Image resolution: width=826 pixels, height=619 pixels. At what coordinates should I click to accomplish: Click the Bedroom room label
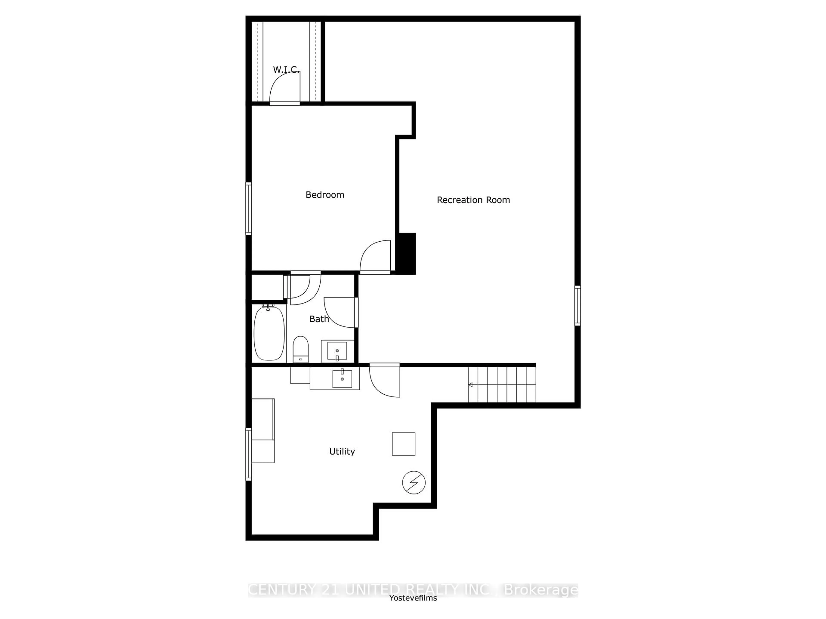click(x=325, y=195)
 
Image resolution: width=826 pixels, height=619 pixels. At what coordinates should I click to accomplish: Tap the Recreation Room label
click(x=473, y=200)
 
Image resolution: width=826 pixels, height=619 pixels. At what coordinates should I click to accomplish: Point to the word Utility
click(x=342, y=452)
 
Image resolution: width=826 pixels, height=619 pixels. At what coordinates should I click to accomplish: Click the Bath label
click(x=319, y=319)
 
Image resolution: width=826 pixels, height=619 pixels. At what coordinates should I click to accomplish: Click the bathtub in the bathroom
click(x=269, y=333)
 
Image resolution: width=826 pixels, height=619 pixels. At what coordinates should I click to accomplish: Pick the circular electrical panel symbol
click(x=414, y=483)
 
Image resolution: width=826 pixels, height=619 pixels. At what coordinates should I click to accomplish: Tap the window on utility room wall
click(x=248, y=454)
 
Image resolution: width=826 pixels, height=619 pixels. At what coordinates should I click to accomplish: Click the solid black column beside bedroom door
click(x=406, y=254)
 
